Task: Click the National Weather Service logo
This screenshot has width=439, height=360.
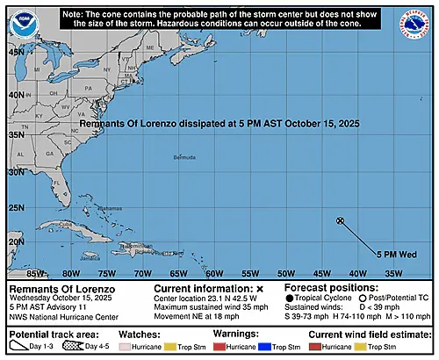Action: pyautogui.click(x=417, y=18)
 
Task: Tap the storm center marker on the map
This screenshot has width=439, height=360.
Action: pyautogui.click(x=341, y=220)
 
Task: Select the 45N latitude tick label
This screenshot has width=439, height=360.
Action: pyautogui.click(x=16, y=53)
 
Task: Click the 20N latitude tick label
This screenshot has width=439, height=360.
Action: pyautogui.click(x=16, y=241)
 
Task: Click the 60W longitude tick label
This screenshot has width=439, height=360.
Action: pyautogui.click(x=211, y=273)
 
